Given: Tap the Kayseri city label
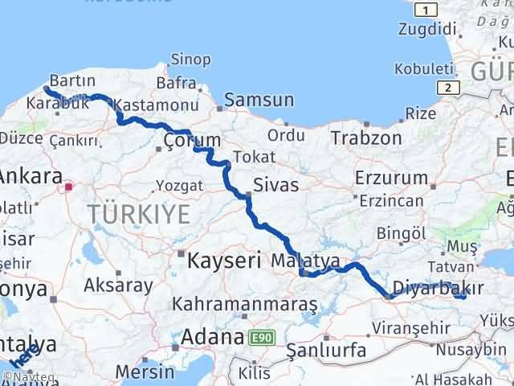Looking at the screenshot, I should pyautogui.click(x=225, y=261).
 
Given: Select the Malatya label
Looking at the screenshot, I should pyautogui.click(x=305, y=261).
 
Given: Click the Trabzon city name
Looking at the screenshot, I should pyautogui.click(x=365, y=138).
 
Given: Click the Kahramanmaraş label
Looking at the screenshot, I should pyautogui.click(x=246, y=305).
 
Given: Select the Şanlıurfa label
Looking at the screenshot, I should pyautogui.click(x=326, y=351).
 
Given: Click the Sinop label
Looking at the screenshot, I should pyautogui.click(x=190, y=60).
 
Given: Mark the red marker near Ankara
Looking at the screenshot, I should pyautogui.click(x=69, y=188).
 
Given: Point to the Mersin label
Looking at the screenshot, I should pyautogui.click(x=145, y=372).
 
